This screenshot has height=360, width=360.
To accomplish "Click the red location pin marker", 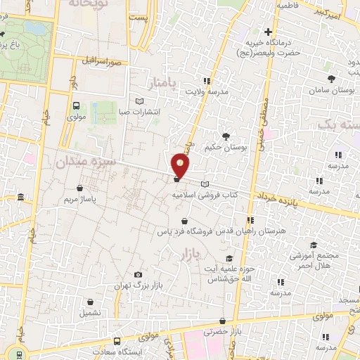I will (181, 166).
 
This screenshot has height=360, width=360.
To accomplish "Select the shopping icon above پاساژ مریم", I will (80, 188).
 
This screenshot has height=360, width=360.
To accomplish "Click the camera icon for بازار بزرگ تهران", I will (138, 274).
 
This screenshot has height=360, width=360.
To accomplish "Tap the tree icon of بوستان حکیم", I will (226, 136).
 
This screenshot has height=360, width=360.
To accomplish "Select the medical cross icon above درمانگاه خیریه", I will (268, 32).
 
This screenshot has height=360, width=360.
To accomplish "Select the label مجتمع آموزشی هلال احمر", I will (314, 259).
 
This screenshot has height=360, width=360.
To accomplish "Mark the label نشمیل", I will (90, 311).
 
